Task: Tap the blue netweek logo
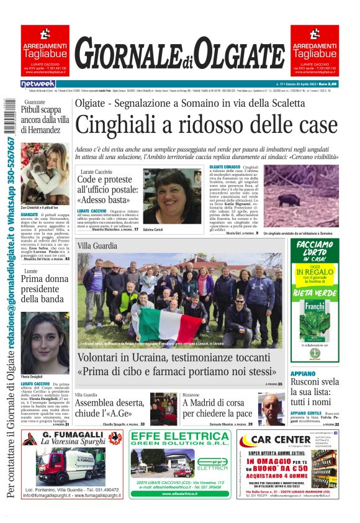pos(38,83)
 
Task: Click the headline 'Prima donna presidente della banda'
pos(45,288)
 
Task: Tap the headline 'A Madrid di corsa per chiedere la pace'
pos(217,408)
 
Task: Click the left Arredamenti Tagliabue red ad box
pos(45,50)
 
